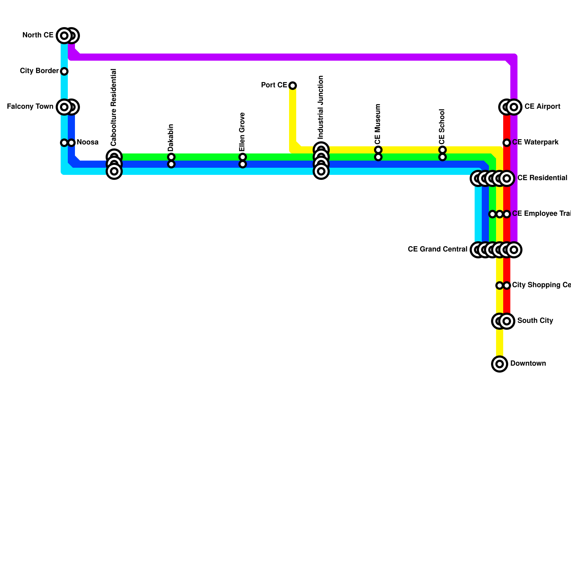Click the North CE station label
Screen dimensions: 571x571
[38, 35]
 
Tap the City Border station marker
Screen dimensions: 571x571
[64, 71]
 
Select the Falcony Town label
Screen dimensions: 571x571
[30, 107]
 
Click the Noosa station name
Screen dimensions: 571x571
[87, 142]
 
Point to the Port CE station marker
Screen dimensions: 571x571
[293, 86]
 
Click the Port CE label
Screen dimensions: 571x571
[274, 85]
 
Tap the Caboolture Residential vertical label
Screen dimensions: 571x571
[114, 107]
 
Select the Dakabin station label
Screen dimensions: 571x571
[171, 137]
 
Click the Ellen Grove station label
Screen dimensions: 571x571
[242, 132]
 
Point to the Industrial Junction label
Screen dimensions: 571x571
[321, 107]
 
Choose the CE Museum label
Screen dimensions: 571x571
[378, 123]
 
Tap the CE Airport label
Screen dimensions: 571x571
[542, 107]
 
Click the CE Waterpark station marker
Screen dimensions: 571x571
[507, 143]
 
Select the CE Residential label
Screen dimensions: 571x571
[542, 178]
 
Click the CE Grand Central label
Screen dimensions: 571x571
[437, 249]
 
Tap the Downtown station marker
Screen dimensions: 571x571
[500, 364]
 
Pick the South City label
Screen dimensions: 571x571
[535, 321]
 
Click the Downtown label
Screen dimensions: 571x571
[528, 364]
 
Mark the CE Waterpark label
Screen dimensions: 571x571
[535, 142]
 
